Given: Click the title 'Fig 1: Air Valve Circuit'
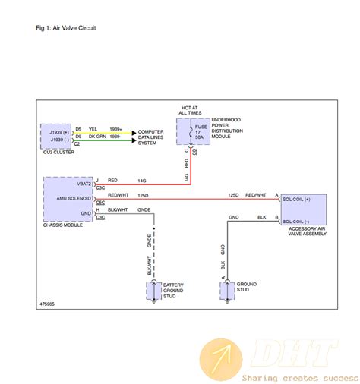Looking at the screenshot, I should pyautogui.click(x=66, y=27).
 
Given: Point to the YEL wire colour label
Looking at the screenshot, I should pyautogui.click(x=93, y=130).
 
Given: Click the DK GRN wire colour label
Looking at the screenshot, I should pyautogui.click(x=96, y=137).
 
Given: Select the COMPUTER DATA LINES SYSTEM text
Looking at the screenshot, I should pyautogui.click(x=152, y=137).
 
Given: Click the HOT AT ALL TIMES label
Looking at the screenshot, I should pyautogui.click(x=190, y=111).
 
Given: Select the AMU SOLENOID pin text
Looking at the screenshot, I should pyautogui.click(x=74, y=198).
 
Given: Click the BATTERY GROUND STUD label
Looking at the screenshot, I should pyautogui.click(x=175, y=290).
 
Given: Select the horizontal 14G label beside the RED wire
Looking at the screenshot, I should pyautogui.click(x=142, y=181).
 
